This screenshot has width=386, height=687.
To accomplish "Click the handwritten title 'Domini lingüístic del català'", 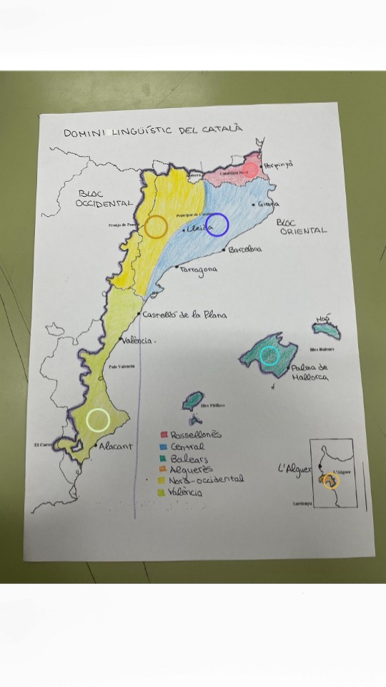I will pyautogui.click(x=153, y=132).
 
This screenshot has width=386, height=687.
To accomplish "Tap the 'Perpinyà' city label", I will pyautogui.click(x=278, y=165).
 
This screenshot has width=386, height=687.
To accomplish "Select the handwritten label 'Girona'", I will pyautogui.click(x=267, y=205).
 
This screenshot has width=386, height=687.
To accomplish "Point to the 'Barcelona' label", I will pyautogui.click(x=244, y=250).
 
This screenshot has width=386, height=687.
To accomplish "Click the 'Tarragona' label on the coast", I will pyautogui.click(x=199, y=271).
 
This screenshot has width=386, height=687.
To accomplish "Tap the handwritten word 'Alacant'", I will pyautogui.click(x=115, y=446).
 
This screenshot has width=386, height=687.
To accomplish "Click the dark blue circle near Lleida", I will pyautogui.click(x=217, y=225).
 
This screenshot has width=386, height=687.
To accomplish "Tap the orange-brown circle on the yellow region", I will pyautogui.click(x=157, y=227).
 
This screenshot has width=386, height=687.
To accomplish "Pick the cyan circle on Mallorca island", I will pyautogui.click(x=269, y=356).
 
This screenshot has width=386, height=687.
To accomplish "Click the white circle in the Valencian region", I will pyautogui.click(x=97, y=419).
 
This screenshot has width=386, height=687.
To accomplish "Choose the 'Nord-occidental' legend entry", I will pyautogui.click(x=207, y=479).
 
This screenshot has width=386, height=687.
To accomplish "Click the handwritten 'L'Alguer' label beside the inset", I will pyautogui.click(x=295, y=469).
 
